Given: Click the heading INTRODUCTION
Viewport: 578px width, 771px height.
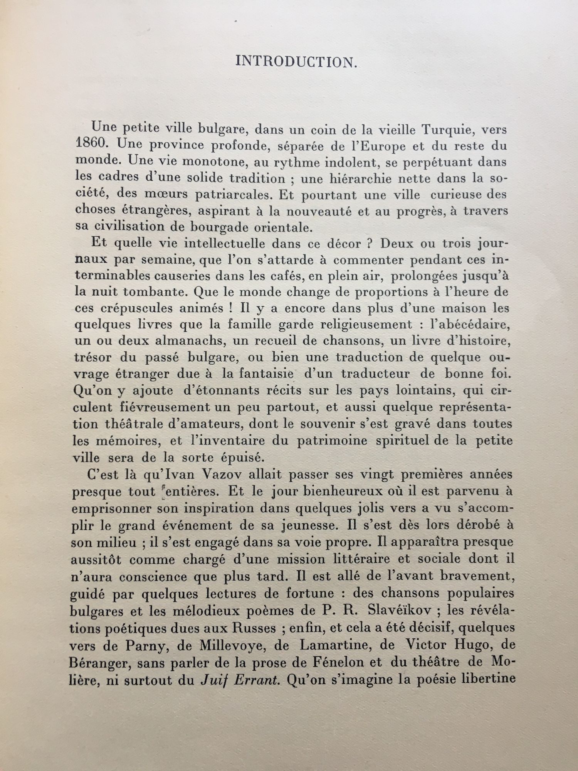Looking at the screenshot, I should coord(296,62).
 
